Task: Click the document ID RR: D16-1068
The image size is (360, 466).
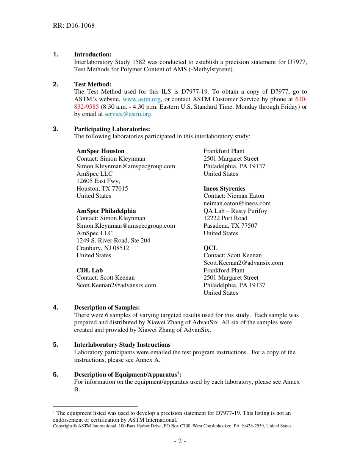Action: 74,26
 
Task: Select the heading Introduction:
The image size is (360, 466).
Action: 92,55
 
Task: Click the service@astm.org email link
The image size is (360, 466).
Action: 128,114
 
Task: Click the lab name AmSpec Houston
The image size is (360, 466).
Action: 100,151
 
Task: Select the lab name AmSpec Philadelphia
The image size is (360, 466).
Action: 106,211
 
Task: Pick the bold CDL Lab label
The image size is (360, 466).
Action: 89,271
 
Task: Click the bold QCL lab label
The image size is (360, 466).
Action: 210,248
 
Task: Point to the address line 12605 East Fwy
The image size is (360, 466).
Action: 98,181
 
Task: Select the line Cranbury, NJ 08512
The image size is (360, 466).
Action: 103,248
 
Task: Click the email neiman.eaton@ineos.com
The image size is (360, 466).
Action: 237,203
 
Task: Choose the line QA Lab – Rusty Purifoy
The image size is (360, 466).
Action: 235,211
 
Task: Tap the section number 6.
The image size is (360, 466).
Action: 56,375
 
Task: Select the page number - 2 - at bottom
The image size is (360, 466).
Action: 180,441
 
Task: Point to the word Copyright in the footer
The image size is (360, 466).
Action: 63,426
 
